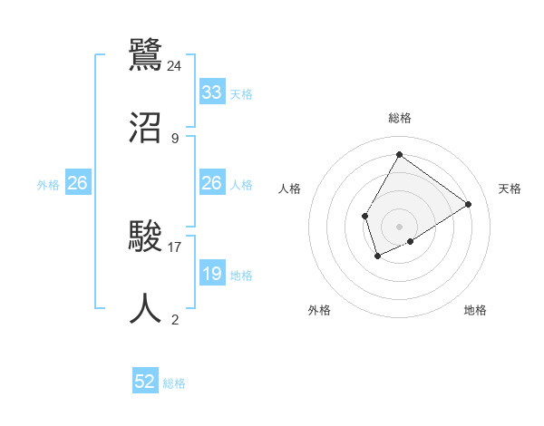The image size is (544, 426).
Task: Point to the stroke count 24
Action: [175, 65]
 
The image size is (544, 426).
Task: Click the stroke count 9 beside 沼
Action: [175, 139]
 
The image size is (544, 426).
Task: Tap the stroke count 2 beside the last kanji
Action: [175, 320]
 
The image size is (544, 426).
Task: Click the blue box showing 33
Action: [212, 92]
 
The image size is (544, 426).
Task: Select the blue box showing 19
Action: [212, 274]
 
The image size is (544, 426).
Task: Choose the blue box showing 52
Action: [145, 382]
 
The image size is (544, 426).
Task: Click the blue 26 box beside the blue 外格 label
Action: [77, 183]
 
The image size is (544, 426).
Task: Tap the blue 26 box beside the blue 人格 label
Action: [212, 183]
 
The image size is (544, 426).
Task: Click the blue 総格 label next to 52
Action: [175, 383]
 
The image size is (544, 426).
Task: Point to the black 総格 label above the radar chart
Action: [399, 118]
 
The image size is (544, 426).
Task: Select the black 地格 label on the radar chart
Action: [475, 310]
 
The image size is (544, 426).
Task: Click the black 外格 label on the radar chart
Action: [319, 310]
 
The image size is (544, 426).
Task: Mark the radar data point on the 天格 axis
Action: [468, 204]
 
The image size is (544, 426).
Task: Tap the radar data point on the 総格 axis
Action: [399, 154]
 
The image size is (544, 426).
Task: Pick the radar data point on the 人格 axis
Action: [364, 216]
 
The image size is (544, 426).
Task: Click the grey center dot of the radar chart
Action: [399, 226]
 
